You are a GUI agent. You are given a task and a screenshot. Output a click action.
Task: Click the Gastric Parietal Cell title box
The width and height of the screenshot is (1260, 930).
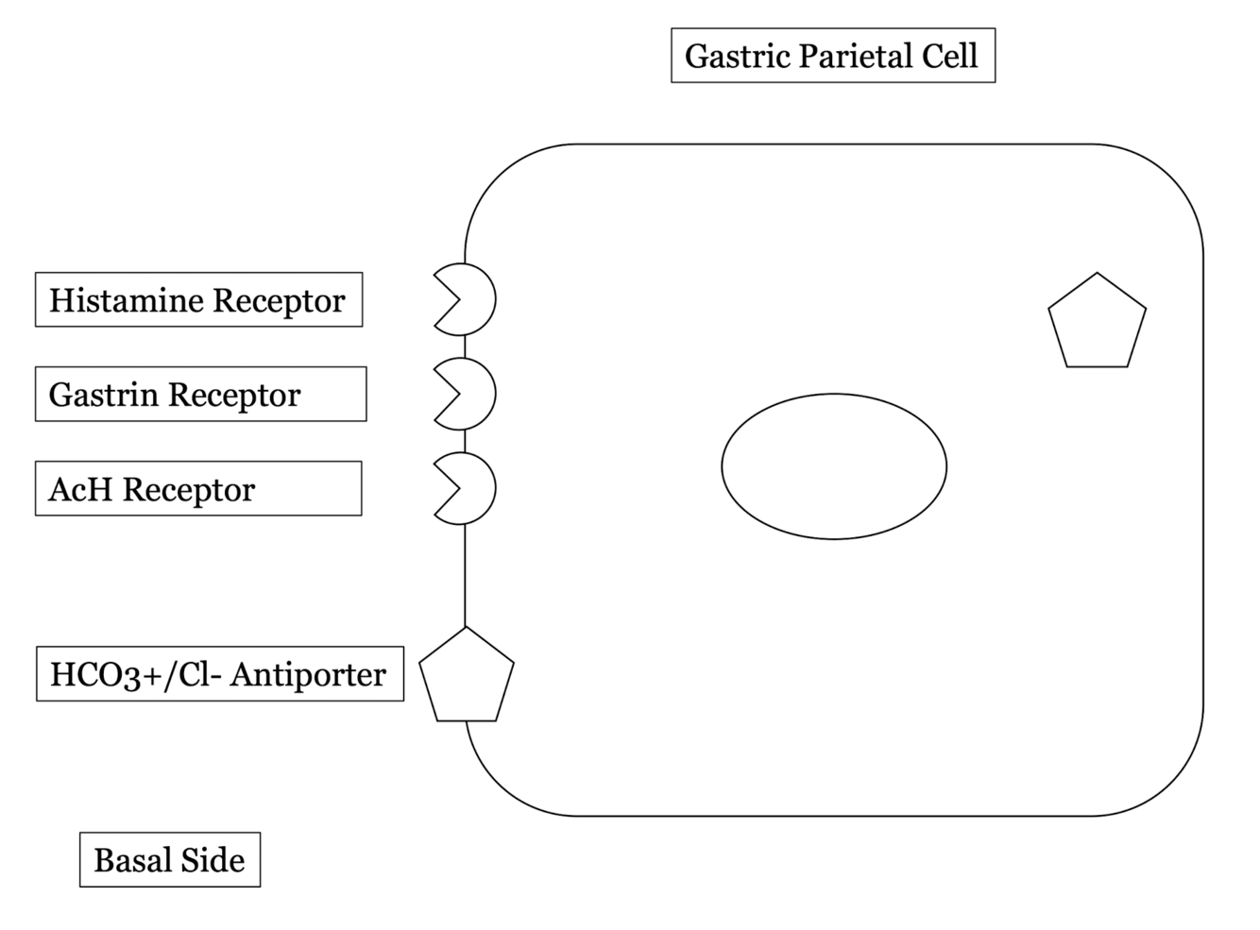[832, 56]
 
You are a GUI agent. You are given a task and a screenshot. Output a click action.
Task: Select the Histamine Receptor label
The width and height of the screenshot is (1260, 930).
[198, 300]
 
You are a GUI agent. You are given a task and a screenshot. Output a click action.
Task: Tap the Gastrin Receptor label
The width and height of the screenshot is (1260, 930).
[200, 395]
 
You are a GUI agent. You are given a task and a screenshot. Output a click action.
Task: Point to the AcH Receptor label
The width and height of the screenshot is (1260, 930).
[198, 489]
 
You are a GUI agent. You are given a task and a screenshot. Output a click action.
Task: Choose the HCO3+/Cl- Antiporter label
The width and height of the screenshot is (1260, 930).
[219, 674]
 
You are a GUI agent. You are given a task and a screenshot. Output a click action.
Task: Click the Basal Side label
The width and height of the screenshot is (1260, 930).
[170, 860]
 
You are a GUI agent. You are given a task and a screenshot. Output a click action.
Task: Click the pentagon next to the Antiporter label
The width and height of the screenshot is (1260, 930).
[467, 677]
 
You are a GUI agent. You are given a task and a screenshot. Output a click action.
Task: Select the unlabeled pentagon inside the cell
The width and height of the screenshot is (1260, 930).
[1097, 323]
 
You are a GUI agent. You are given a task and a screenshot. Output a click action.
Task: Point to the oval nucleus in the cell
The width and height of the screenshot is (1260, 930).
[834, 466]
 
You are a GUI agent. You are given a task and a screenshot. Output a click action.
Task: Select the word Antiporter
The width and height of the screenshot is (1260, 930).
[308, 674]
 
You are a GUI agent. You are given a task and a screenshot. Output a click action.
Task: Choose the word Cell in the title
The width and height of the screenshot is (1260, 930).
[950, 56]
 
